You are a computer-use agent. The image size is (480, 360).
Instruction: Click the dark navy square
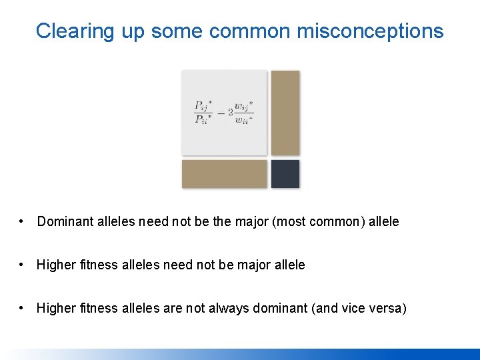(285, 174)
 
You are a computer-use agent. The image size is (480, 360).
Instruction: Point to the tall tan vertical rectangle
(285, 113)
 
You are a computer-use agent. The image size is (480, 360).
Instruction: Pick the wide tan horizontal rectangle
(224, 174)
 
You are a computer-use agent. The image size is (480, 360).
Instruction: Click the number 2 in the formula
(230, 113)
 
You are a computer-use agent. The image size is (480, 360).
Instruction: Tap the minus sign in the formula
(221, 113)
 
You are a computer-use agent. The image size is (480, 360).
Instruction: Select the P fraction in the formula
(204, 113)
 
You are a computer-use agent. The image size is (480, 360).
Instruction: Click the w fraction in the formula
(244, 113)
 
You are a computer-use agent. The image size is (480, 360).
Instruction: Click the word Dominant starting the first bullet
(63, 221)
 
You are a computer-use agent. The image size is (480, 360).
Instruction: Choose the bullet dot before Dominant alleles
(23, 221)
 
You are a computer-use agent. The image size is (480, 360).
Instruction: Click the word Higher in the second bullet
(55, 265)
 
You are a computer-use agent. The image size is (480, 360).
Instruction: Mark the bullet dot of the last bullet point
(23, 308)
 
